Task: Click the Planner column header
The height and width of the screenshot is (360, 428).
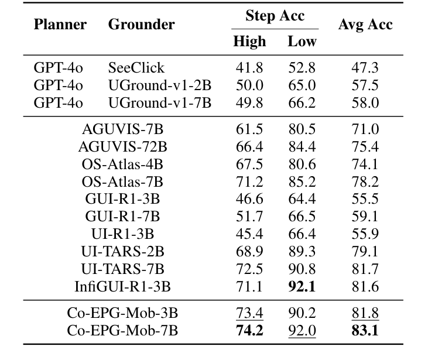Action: click(60, 25)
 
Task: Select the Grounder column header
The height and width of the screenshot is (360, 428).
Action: click(141, 25)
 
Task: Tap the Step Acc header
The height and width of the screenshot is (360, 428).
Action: click(274, 16)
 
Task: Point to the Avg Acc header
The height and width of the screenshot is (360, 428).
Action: click(365, 25)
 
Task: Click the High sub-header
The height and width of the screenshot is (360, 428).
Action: click(249, 42)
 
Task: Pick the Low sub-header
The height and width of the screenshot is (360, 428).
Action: click(302, 42)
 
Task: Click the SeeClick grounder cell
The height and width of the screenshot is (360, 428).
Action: click(136, 68)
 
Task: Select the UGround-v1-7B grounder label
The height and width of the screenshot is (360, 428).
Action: click(159, 103)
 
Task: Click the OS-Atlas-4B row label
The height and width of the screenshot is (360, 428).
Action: click(123, 164)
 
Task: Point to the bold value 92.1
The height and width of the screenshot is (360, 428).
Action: click(302, 287)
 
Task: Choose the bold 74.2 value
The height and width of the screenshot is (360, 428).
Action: click(249, 331)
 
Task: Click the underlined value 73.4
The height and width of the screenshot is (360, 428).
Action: click(249, 313)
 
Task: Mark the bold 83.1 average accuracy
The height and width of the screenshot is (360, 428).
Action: click(365, 331)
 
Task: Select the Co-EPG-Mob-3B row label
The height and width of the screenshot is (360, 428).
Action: click(123, 313)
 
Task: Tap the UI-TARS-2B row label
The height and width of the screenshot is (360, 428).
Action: click(123, 252)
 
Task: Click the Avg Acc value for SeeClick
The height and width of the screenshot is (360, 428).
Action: click(365, 68)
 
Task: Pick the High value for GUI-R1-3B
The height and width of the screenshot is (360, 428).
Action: click(249, 199)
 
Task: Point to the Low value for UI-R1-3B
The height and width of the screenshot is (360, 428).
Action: click(302, 234)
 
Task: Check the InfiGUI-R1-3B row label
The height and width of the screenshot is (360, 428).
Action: click(123, 287)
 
